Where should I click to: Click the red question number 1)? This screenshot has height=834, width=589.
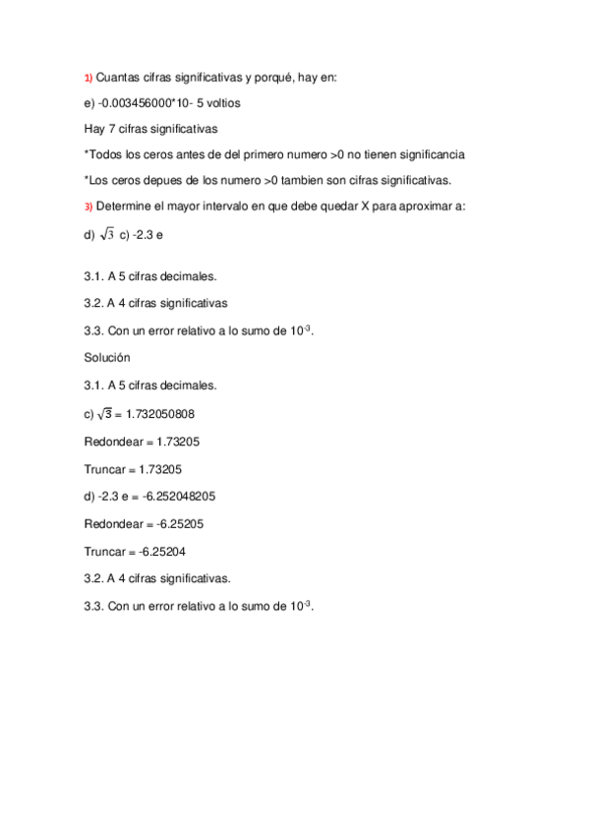[x=88, y=78]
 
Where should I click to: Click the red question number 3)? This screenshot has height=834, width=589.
[x=88, y=207]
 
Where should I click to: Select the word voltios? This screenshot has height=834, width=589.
[x=218, y=102]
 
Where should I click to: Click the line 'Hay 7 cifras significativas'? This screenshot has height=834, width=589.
[x=151, y=128]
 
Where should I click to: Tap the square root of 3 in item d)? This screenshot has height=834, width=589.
[x=106, y=233]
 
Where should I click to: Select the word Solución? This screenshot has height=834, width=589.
[x=108, y=358]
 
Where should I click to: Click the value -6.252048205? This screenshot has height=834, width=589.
[x=175, y=497]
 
